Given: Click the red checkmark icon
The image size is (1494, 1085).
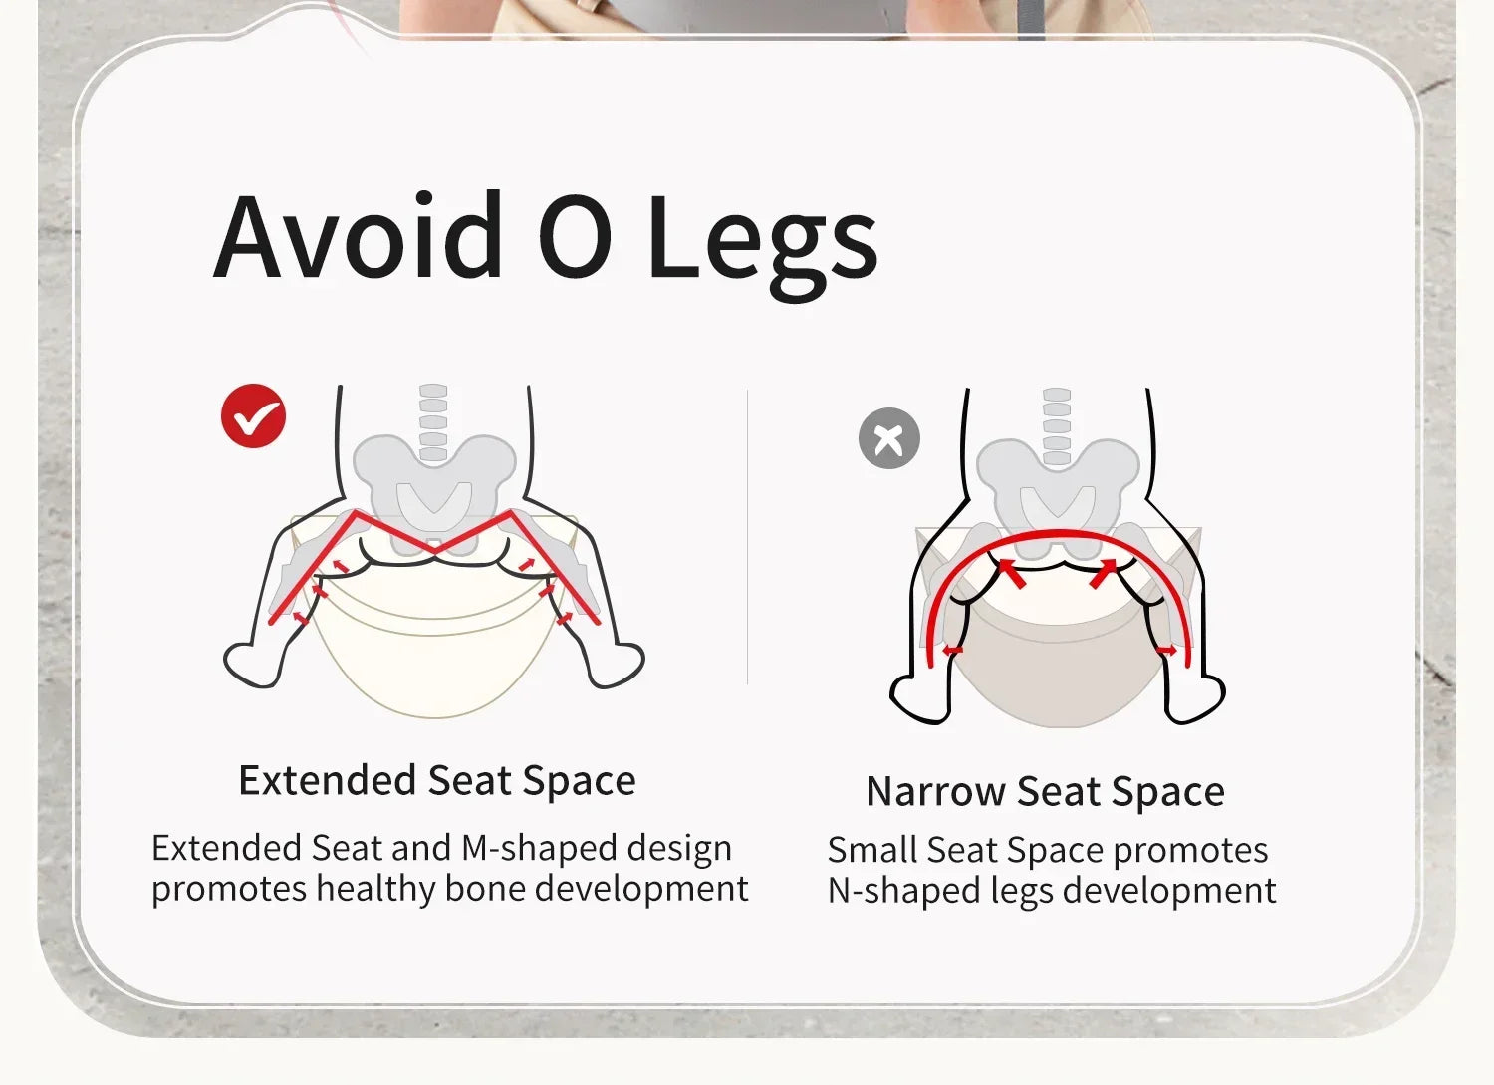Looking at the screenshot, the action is [253, 415].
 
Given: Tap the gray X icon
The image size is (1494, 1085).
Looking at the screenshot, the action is [889, 438].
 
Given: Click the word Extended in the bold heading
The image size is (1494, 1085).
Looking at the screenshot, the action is [328, 780].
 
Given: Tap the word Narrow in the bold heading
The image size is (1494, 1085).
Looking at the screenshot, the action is [935, 791].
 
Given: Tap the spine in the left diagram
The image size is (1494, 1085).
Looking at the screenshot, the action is [433, 421].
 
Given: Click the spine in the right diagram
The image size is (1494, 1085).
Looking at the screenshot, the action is [1057, 425].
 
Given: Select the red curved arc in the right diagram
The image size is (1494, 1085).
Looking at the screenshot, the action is [1059, 533].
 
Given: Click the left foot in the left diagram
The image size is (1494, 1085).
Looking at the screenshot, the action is [251, 665].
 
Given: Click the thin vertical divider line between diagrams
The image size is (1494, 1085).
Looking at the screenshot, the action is [747, 537].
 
